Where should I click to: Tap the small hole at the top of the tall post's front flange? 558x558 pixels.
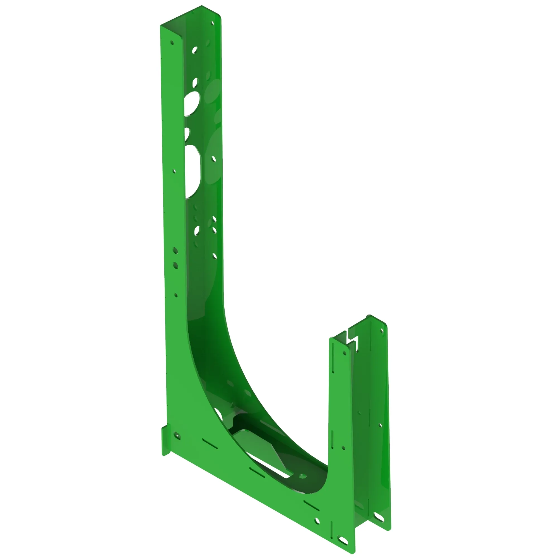tap(172, 43)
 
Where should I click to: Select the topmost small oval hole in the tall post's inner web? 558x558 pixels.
tap(195, 50)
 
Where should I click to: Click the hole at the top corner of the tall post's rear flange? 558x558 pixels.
tap(213, 23)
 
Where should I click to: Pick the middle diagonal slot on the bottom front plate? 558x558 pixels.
tap(257, 472)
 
